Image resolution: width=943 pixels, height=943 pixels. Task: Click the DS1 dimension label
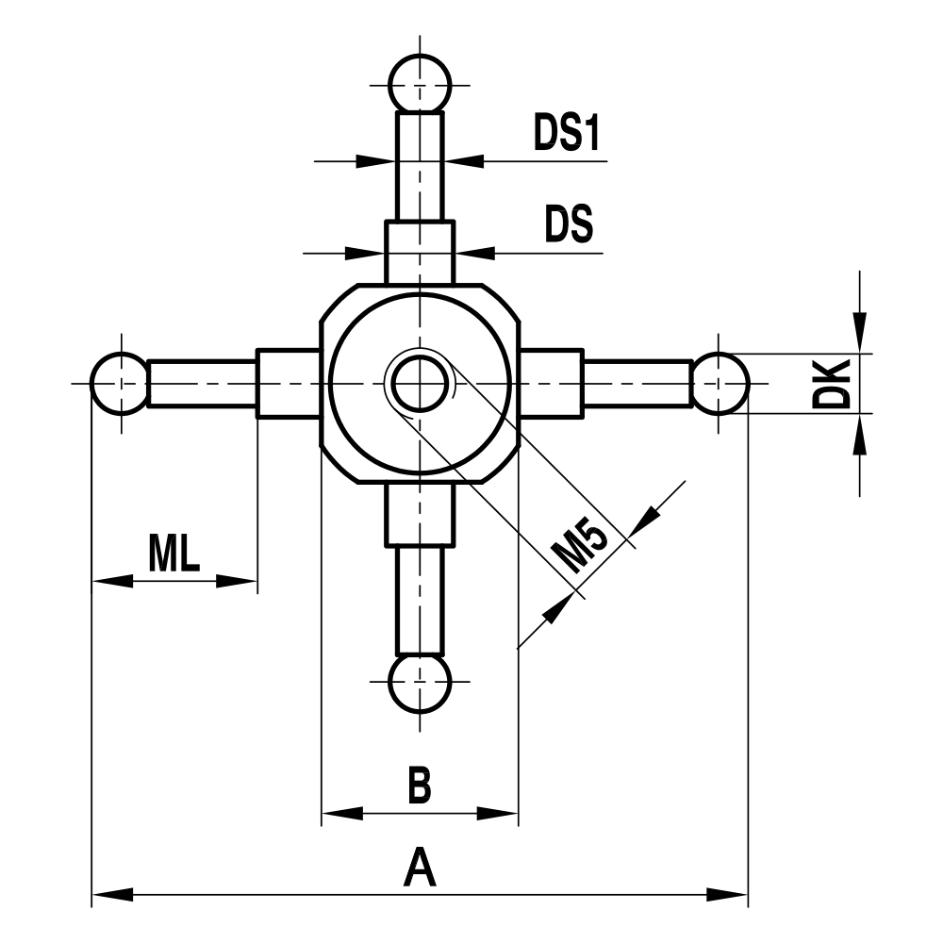[x=567, y=135]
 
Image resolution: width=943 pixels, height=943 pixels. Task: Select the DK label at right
[x=833, y=383]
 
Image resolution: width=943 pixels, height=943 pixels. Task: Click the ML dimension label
[x=174, y=554]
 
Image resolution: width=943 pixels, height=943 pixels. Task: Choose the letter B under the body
[x=420, y=786]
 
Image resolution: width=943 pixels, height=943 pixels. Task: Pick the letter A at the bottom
[x=420, y=868]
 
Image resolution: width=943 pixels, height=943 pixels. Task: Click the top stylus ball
[x=420, y=83]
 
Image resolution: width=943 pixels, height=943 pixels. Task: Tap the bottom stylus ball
[x=420, y=682]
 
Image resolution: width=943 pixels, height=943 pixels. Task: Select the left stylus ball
[x=120, y=383]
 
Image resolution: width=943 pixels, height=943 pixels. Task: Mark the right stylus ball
[x=721, y=383]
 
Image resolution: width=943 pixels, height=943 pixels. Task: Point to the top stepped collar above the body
[x=420, y=252]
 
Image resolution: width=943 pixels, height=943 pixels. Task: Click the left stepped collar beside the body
[x=288, y=383]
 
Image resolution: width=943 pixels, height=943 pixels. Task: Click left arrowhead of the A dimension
[x=109, y=893]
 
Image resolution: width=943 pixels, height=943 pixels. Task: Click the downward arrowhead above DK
[x=859, y=336]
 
